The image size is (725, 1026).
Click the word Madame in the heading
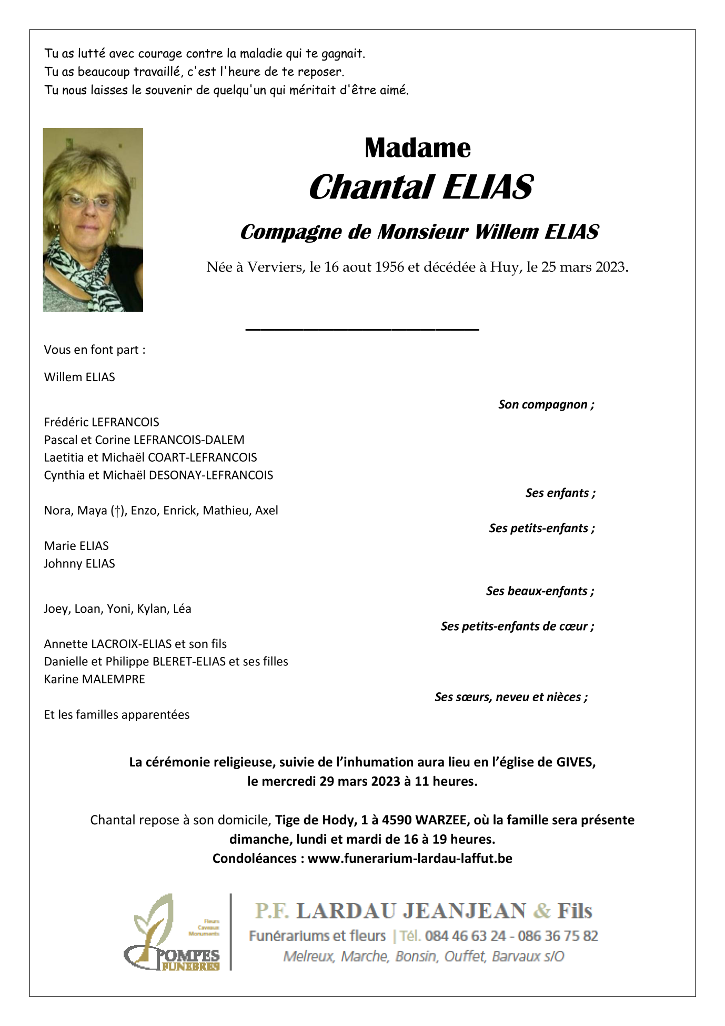[x=417, y=148]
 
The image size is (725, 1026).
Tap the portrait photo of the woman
[x=93, y=220]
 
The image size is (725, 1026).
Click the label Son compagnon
[x=546, y=404]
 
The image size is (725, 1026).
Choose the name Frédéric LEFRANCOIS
[x=102, y=422]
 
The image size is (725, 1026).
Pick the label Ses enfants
[x=560, y=493]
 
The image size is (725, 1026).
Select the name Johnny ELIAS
[x=79, y=563]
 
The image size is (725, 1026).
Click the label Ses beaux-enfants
[x=540, y=591]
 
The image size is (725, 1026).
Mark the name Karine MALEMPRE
[x=95, y=679]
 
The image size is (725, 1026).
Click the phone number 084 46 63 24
[x=465, y=935]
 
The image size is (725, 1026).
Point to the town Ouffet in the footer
[x=465, y=956]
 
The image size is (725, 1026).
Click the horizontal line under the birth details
[x=362, y=330]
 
